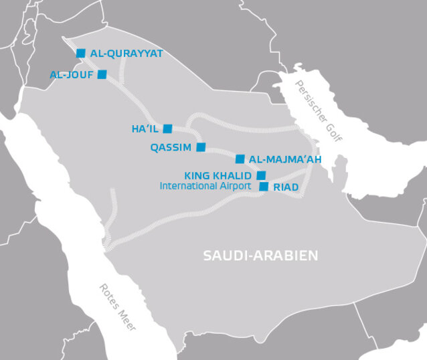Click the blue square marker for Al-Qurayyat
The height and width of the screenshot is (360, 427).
tap(81, 53)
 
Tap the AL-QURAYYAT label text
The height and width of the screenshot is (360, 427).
tap(126, 53)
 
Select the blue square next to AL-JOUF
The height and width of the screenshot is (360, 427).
tap(102, 75)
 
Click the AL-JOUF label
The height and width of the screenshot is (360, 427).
tap(72, 75)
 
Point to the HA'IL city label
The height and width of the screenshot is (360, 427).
tap(145, 128)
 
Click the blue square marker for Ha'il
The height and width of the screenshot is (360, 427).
tap(167, 128)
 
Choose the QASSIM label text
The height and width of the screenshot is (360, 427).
tap(171, 147)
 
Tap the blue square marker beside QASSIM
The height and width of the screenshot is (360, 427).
tap(201, 147)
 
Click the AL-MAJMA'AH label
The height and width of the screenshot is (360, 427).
tap(284, 159)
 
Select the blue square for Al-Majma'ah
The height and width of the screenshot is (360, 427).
tap(240, 159)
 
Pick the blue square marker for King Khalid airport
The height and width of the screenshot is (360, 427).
tap(261, 175)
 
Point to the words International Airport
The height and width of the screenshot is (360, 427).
tap(205, 186)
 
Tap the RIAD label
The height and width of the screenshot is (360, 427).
tap(286, 187)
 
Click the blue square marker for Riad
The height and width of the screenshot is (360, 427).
tap(264, 187)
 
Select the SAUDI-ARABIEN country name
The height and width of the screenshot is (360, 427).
tap(260, 256)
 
